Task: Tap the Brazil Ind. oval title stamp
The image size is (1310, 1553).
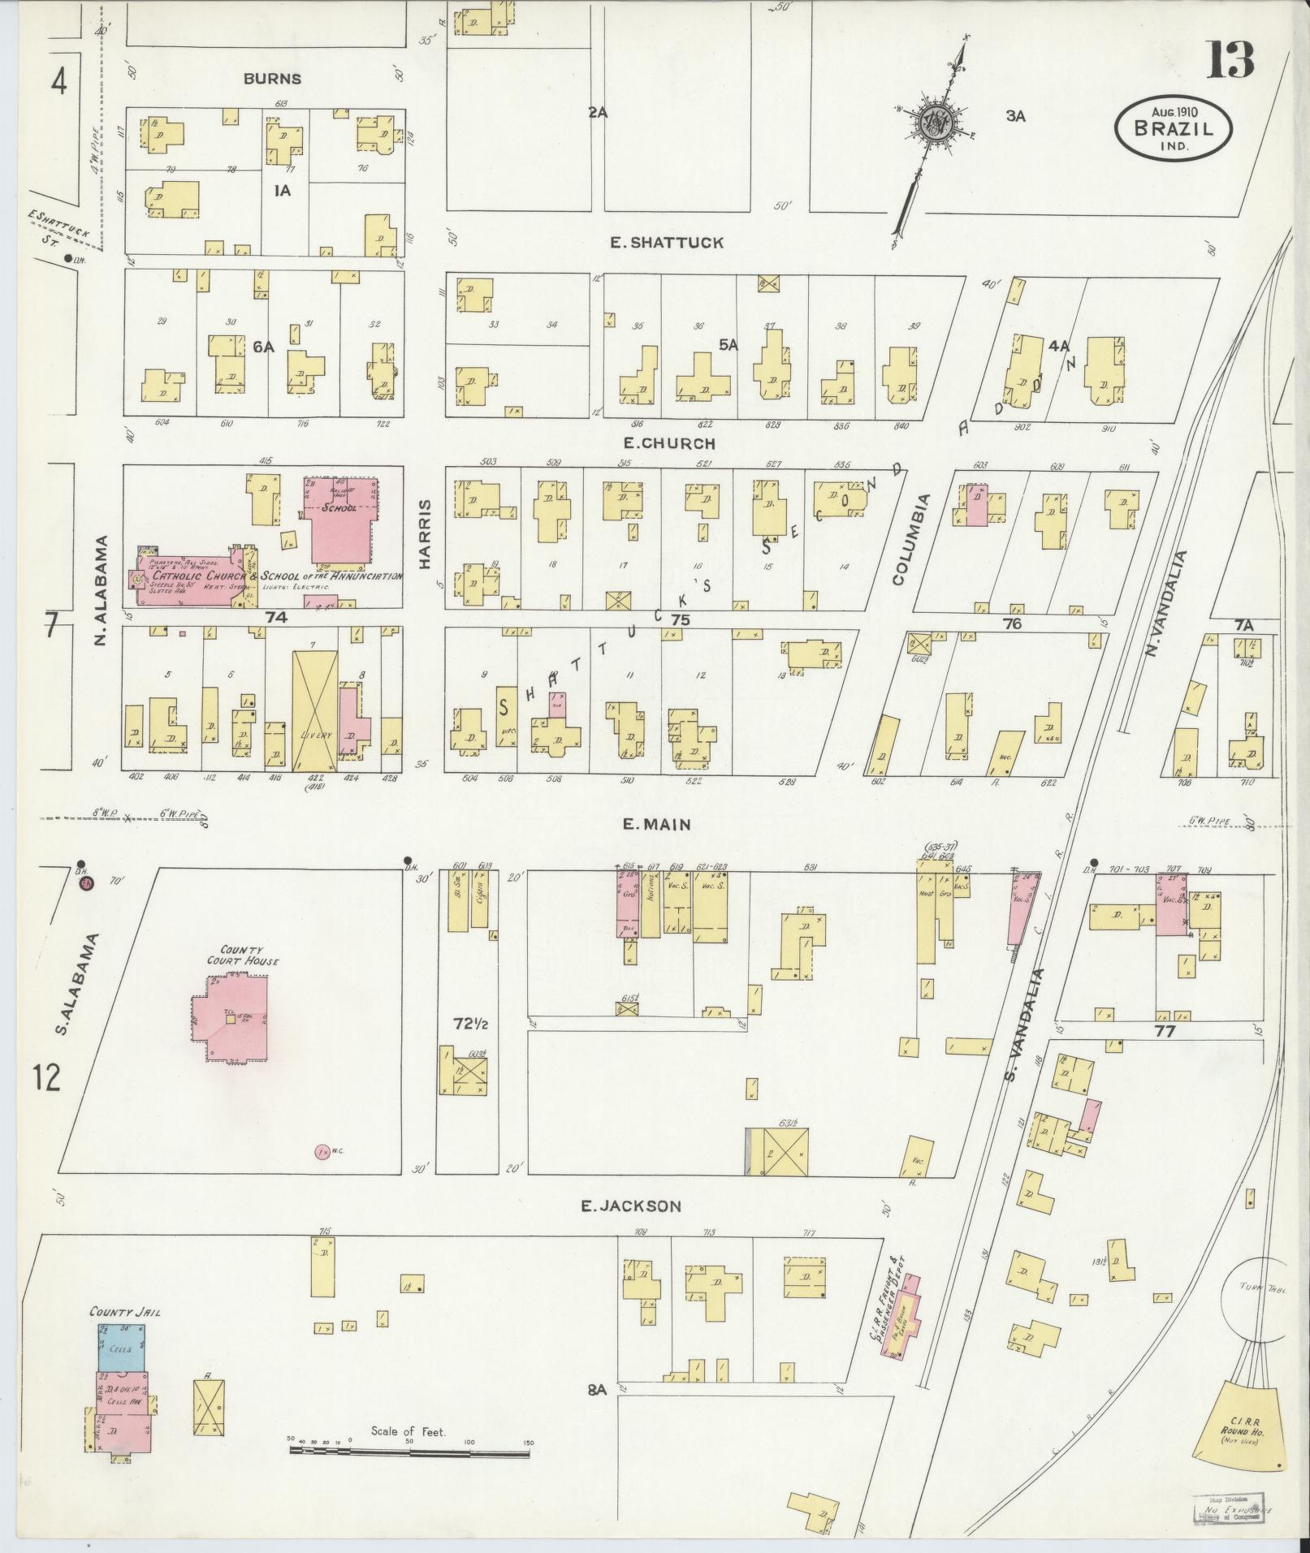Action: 1173,128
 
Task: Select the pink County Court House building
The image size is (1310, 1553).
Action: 231,1017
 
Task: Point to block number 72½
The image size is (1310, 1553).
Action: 469,1025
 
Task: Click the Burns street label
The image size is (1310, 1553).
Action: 272,79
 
